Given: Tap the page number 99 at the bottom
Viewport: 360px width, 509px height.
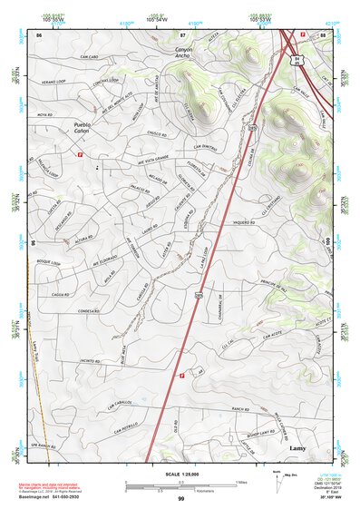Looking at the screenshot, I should click(180, 499).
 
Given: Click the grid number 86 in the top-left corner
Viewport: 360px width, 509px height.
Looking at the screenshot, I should click(39, 34).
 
